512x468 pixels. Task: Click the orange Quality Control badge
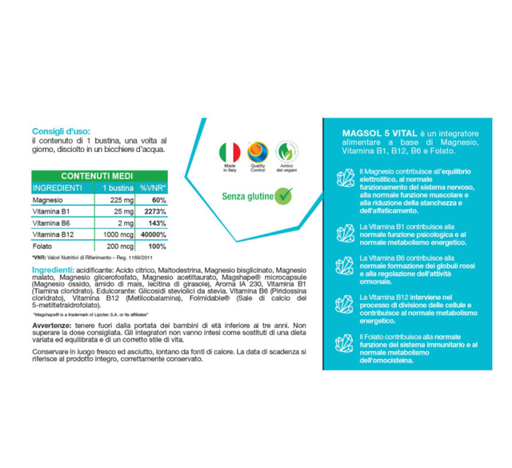[258, 152]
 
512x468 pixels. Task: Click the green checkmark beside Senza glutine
[283, 194]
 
